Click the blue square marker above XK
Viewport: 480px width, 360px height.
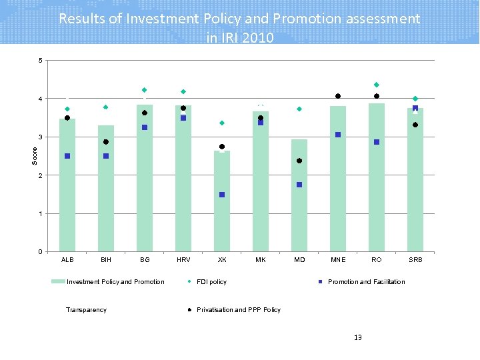[222, 195]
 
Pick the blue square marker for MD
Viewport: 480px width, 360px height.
[299, 185]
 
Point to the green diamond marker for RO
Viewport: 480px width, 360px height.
[377, 85]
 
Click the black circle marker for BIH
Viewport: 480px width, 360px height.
[106, 142]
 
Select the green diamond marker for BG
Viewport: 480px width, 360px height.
[145, 90]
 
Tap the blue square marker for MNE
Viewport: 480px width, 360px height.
[338, 135]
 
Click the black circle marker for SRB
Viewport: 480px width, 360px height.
[415, 125]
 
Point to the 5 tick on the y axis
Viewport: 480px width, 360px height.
[41, 61]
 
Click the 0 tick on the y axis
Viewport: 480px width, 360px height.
[41, 252]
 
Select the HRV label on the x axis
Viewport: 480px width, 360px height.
[183, 259]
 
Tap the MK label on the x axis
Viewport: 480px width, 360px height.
[261, 259]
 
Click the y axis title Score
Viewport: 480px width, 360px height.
[35, 157]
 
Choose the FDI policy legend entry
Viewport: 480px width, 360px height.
[211, 282]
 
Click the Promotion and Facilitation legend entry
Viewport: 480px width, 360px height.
[366, 282]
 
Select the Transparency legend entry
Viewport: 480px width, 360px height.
[86, 310]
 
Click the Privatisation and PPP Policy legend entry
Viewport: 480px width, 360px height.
[238, 310]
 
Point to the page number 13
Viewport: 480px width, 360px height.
[358, 338]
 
